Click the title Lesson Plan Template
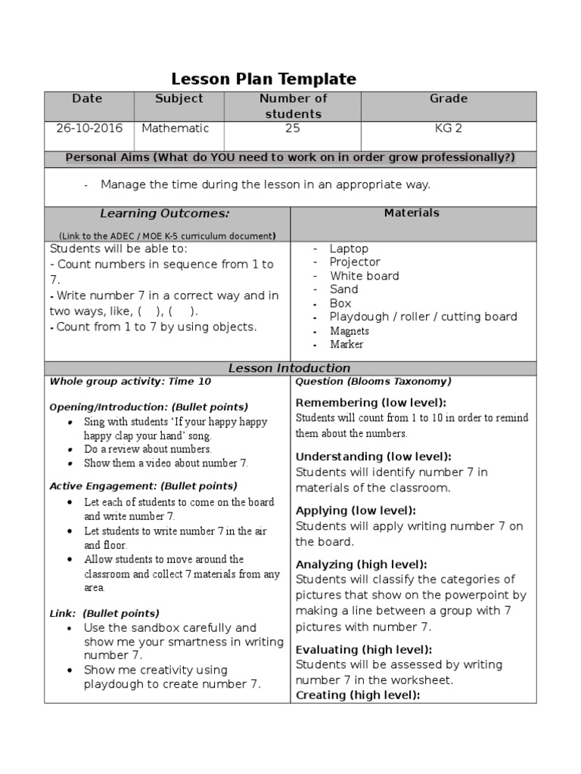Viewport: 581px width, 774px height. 263,79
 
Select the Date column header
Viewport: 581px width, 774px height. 87,99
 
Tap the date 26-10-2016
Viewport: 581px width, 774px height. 89,128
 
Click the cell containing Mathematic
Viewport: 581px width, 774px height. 175,128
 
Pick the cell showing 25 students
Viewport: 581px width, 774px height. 292,128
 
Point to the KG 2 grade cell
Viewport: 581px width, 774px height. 448,128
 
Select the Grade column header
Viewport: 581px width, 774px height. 449,99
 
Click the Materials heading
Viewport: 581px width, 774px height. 412,213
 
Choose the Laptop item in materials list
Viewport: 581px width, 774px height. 349,249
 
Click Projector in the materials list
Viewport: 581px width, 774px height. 355,262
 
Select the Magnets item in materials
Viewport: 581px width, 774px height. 350,331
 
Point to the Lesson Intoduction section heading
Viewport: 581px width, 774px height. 290,368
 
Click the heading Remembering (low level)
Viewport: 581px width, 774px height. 371,403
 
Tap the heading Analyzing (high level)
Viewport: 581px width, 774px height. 361,565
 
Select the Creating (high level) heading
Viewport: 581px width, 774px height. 357,695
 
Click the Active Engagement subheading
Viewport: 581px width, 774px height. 143,486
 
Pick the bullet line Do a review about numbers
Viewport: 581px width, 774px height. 148,449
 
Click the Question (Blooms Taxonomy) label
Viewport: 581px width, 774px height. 373,382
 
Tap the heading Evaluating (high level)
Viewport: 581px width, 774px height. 364,650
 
